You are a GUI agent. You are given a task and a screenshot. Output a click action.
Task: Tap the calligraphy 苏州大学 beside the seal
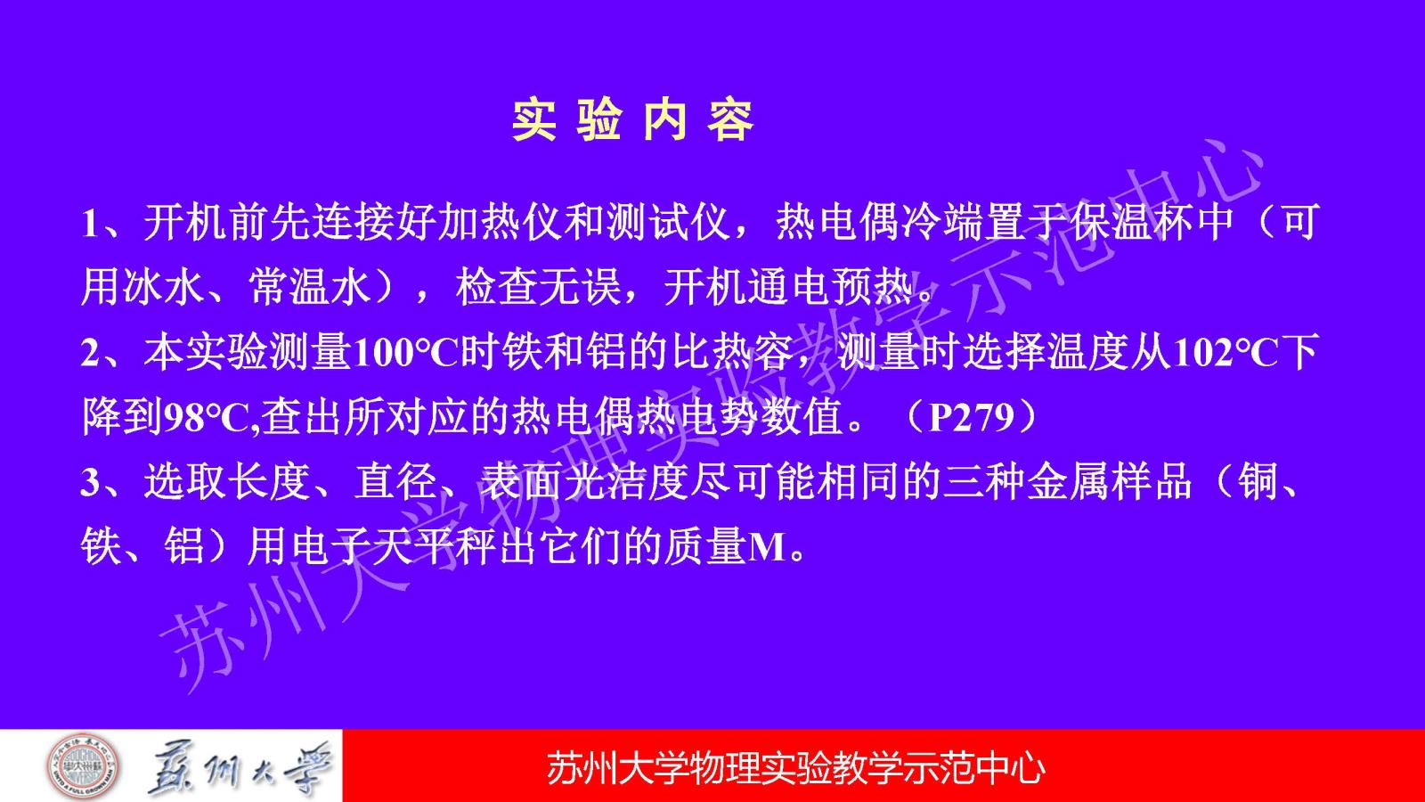pyautogui.click(x=239, y=768)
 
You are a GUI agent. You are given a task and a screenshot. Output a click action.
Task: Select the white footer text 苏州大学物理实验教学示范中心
pyautogui.click(x=796, y=769)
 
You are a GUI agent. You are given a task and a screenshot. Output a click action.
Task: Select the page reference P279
pyautogui.click(x=972, y=418)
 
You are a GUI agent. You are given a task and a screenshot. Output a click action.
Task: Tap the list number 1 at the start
pyautogui.click(x=90, y=224)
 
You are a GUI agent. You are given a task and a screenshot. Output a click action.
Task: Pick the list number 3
pyautogui.click(x=90, y=482)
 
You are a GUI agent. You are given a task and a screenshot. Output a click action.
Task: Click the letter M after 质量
pyautogui.click(x=768, y=547)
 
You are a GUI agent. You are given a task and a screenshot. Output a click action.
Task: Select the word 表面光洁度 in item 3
pyautogui.click(x=582, y=482)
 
